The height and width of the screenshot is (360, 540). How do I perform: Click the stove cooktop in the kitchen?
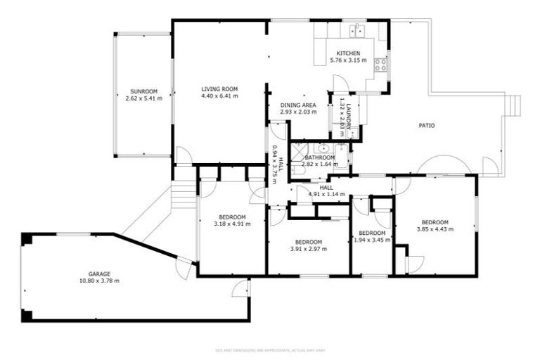pos(380,65)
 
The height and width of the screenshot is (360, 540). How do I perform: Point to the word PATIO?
pos(426,126)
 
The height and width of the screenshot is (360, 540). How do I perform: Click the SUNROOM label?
pos(143,91)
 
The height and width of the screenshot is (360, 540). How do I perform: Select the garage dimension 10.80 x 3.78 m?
pos(99,281)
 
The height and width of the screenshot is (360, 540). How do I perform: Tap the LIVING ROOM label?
pos(219,89)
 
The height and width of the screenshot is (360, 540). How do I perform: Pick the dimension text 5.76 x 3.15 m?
pos(348,60)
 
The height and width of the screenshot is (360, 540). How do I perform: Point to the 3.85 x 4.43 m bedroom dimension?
pos(435,229)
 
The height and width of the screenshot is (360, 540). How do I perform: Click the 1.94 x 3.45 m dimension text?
pos(371,240)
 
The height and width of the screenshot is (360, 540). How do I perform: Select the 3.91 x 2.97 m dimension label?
pos(309,248)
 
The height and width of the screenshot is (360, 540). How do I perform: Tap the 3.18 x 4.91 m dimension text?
pos(232,224)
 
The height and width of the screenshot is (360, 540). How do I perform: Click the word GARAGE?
pos(99,274)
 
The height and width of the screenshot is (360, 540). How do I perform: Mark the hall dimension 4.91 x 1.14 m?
pos(326,195)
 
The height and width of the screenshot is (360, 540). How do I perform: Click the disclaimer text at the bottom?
pos(269,349)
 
